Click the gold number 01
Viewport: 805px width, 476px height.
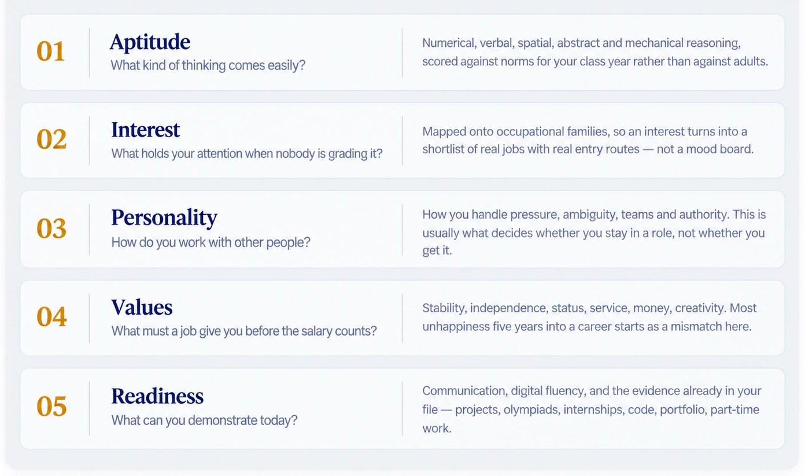51,51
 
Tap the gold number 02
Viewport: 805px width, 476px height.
51,139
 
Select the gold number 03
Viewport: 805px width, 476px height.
51,228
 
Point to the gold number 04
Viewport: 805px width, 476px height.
51,316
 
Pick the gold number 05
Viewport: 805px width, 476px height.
51,406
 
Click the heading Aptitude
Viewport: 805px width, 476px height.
150,42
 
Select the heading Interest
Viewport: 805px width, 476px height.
145,130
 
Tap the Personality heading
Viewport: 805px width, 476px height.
164,218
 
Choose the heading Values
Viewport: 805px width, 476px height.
142,307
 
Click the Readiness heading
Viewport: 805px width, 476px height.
157,396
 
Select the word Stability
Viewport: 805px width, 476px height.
445,308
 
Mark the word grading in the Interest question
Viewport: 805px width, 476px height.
348,154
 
